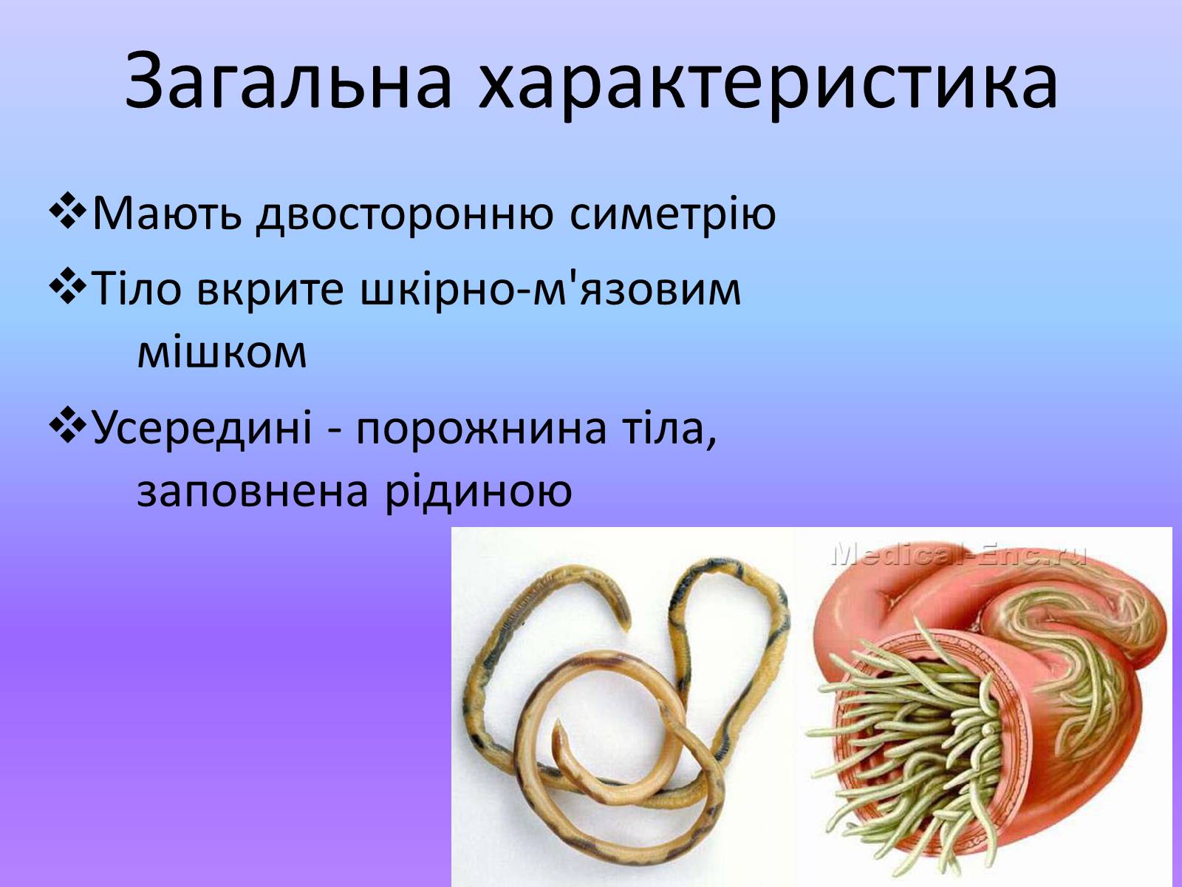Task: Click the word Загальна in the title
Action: coord(289,79)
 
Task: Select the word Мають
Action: coord(167,214)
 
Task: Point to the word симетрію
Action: coord(673,214)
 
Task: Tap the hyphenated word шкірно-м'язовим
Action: coord(550,290)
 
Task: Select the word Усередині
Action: coord(202,427)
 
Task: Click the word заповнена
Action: coord(253,492)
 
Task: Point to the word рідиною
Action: coord(478,492)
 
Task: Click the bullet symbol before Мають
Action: coord(68,211)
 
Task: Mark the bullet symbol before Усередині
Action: coord(68,424)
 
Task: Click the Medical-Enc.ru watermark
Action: coord(958,555)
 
